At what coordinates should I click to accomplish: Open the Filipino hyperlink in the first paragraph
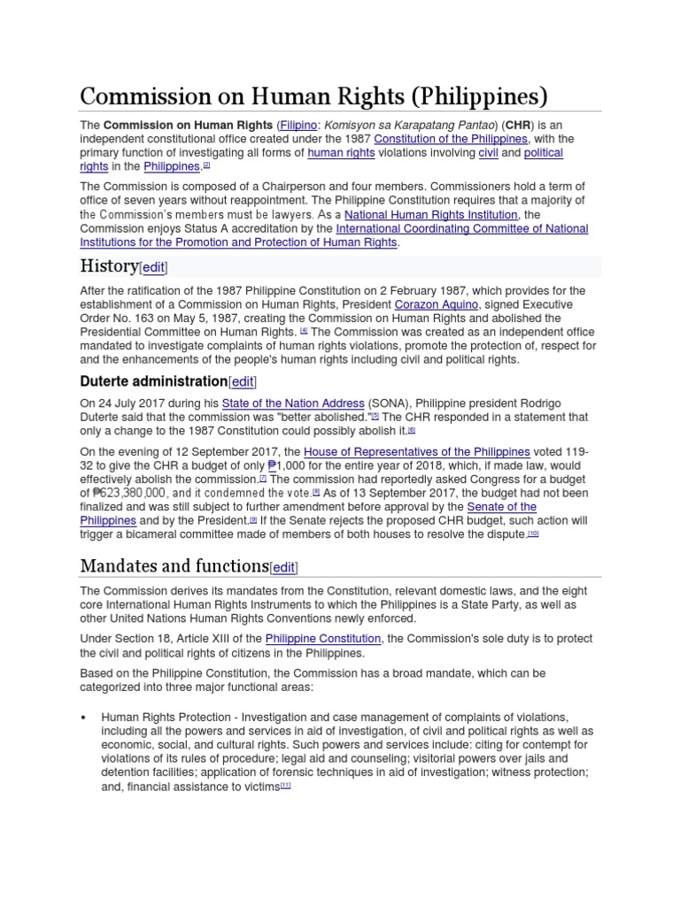pos(298,126)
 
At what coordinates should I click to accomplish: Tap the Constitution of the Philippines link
pos(451,140)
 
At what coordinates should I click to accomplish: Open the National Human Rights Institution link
pos(431,215)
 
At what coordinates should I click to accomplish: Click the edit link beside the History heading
pos(154,267)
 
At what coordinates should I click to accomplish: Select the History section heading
pos(109,266)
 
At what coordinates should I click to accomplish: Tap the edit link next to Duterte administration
pos(243,381)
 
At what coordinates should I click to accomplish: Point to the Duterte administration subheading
pos(153,381)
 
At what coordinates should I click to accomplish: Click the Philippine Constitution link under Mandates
pos(323,639)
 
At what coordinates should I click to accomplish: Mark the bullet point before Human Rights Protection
pos(83,718)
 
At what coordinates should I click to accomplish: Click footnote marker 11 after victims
pos(285,787)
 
